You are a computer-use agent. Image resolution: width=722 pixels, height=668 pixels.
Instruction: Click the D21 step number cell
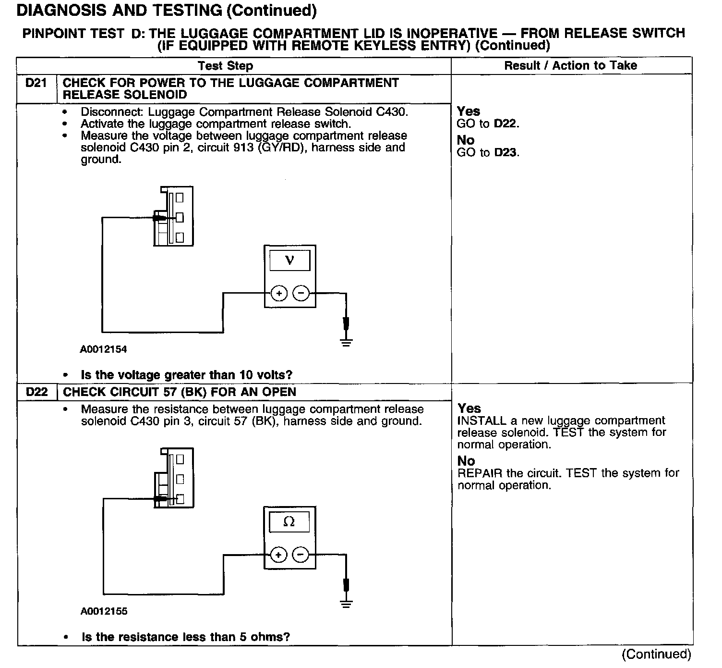point(36,83)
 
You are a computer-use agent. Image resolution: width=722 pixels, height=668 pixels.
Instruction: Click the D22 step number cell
point(37,392)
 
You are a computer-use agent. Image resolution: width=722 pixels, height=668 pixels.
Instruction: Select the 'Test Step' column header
point(225,66)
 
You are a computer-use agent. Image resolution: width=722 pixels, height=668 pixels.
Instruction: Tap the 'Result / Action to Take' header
point(570,66)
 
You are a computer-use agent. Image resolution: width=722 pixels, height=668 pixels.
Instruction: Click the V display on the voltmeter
point(289,261)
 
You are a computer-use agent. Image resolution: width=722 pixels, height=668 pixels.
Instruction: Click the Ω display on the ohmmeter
point(289,522)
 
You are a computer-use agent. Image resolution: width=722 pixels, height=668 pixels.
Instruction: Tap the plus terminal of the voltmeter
point(279,293)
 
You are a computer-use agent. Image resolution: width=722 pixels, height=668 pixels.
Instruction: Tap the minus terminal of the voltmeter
point(301,293)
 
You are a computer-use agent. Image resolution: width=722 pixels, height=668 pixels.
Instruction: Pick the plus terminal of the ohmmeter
point(278,555)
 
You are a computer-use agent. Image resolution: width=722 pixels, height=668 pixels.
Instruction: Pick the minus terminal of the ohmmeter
point(301,555)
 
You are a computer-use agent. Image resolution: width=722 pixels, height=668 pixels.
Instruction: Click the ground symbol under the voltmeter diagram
point(346,342)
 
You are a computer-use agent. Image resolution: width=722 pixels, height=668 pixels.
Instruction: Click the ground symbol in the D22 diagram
point(346,604)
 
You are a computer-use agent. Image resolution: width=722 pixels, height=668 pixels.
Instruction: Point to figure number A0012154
point(103,349)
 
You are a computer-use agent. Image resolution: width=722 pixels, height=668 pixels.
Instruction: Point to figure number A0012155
point(104,611)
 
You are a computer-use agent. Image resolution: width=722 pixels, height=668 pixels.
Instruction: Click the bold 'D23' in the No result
point(506,153)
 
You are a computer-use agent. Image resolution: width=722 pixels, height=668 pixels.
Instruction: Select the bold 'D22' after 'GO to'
point(506,124)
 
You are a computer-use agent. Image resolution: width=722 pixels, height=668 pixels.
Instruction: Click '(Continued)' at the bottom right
point(656,654)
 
